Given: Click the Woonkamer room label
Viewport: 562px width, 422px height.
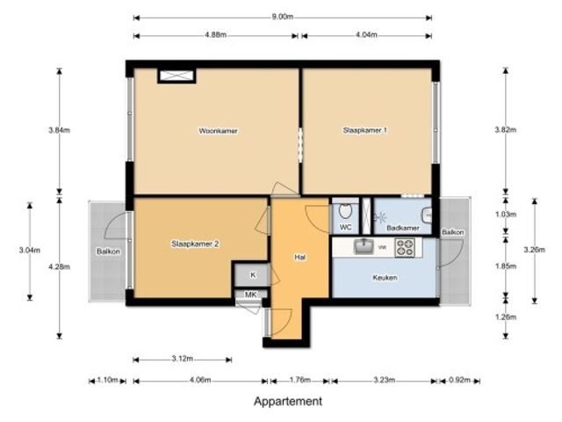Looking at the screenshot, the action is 218,131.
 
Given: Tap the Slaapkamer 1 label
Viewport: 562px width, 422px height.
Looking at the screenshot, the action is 365,130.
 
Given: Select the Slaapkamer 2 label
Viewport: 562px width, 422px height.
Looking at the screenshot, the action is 195,244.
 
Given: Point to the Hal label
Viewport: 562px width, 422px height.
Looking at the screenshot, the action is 300,257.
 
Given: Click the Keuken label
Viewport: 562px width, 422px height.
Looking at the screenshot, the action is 385,278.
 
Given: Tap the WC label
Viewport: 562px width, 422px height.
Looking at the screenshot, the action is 345,228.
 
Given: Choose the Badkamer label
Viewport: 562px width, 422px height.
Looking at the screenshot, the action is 403,228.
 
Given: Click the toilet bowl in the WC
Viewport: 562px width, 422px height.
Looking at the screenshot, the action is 345,211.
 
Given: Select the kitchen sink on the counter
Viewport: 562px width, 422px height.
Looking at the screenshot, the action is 363,246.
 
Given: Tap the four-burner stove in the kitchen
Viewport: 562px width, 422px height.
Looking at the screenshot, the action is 405,247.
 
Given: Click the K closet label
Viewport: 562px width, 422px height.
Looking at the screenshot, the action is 253,275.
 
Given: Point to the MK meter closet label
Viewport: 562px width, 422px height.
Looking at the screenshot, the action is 250,295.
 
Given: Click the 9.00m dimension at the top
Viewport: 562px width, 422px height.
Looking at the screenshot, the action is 283,17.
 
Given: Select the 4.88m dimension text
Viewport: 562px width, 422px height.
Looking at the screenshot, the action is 216,35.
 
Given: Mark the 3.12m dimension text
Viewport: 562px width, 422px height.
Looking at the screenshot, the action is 183,358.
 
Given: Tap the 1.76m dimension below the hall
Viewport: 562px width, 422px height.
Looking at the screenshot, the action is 299,380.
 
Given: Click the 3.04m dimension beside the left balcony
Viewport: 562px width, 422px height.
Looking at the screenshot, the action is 30,250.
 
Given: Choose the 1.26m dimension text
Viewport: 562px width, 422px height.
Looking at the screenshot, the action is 506,317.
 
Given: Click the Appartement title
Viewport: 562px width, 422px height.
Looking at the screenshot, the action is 288,401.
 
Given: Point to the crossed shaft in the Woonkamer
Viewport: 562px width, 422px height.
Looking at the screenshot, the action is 177,76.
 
